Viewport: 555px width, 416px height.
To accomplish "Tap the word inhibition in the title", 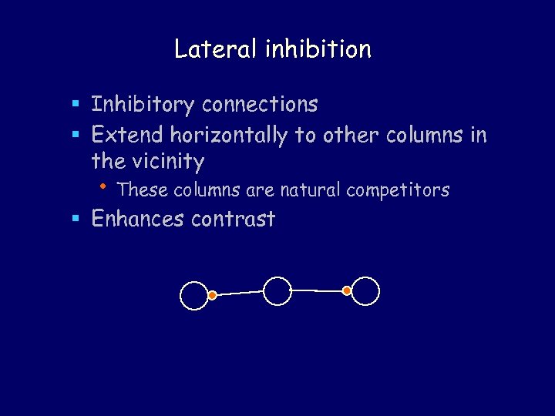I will point(318,49).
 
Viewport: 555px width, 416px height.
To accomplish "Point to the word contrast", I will point(233,220).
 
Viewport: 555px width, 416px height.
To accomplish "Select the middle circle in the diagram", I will point(277,291).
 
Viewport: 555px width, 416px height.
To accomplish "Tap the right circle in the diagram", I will point(366,291).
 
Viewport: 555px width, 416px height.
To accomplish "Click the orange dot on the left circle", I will point(212,294).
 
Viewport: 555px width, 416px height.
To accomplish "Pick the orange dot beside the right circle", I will point(347,290).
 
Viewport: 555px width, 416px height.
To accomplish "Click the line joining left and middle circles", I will point(239,293).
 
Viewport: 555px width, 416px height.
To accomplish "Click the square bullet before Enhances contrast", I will point(76,220).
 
